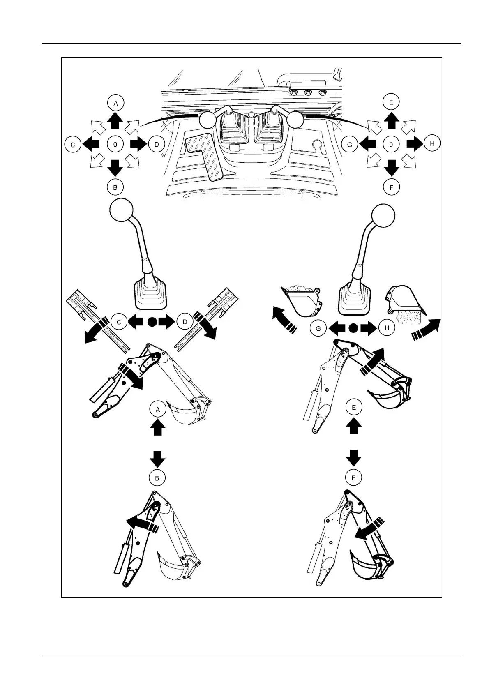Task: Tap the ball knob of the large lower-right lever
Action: (x=383, y=215)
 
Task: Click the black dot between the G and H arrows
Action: (x=353, y=328)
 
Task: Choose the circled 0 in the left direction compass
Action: (x=115, y=144)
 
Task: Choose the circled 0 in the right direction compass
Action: (x=391, y=144)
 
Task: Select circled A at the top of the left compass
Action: (x=115, y=103)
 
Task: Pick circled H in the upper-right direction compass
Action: (x=431, y=143)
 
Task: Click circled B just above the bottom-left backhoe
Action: (x=157, y=478)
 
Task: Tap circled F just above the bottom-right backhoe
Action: (x=353, y=478)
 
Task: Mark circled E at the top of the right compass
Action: (x=391, y=102)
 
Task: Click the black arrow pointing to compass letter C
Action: (x=91, y=144)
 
